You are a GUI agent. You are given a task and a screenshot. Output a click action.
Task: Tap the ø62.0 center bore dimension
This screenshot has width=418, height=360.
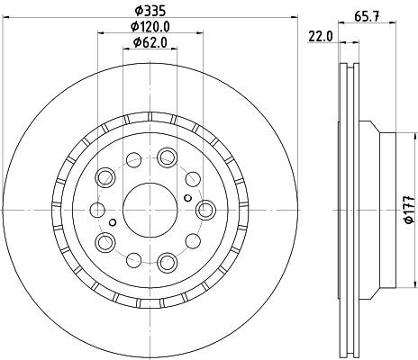(x=150, y=43)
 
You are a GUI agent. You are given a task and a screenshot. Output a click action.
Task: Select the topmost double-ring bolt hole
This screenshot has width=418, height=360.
(x=167, y=157)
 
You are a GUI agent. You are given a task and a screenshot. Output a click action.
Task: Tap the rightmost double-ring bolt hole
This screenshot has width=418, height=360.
(x=205, y=209)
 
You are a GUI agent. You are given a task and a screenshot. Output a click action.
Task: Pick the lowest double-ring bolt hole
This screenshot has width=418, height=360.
(x=168, y=262)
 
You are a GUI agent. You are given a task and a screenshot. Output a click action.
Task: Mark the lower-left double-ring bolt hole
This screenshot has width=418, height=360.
(x=105, y=241)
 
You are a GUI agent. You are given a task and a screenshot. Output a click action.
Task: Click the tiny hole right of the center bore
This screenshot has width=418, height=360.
(x=187, y=198)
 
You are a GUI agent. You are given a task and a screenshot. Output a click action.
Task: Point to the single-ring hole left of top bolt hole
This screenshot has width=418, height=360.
(x=133, y=161)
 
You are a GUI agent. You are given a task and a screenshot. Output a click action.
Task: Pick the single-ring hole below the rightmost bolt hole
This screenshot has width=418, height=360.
(x=193, y=241)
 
